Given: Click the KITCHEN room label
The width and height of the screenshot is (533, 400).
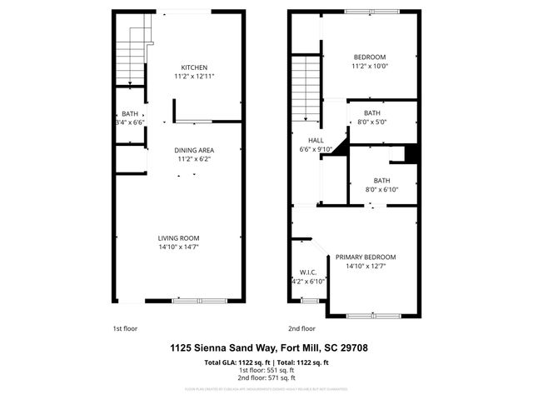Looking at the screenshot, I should click(194, 67).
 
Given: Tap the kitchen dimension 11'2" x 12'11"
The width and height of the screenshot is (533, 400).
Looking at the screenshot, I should click(194, 77).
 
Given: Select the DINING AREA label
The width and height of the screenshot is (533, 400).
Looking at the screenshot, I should click(194, 150).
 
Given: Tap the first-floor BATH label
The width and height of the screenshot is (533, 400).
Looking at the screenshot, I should click(130, 113).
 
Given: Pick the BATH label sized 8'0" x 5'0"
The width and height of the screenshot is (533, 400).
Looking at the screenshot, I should click(371, 112).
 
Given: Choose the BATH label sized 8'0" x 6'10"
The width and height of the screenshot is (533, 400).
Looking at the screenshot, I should click(381, 180).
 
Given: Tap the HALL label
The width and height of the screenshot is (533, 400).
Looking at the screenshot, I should click(315, 141).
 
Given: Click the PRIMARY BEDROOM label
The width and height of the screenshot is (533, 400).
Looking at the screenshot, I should click(366, 257).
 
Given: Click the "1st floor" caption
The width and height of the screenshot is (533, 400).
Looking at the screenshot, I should click(124, 328).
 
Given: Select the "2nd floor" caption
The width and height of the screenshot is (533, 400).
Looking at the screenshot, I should click(301, 328).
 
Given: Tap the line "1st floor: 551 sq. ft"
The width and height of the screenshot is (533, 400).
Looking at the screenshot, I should click(266, 369).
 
